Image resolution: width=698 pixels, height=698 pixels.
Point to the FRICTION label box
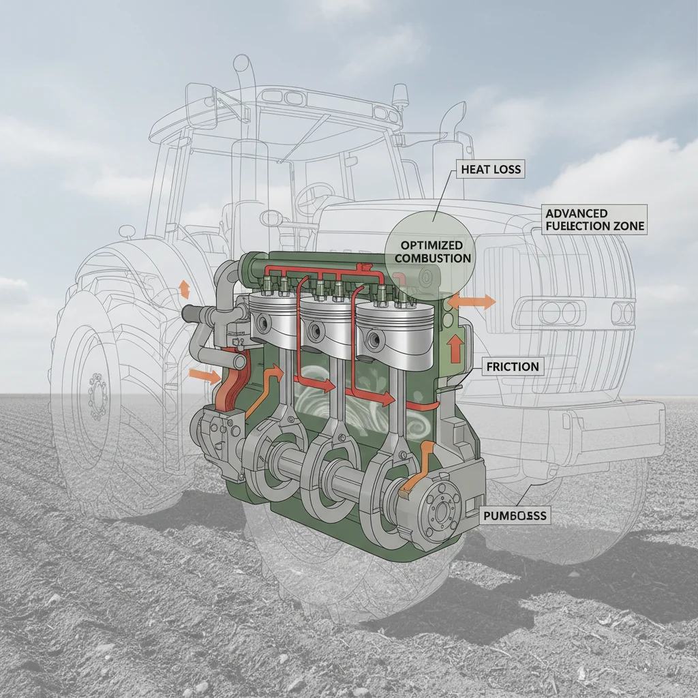tap(513, 367)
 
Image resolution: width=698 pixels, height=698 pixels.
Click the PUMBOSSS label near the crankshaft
tap(514, 516)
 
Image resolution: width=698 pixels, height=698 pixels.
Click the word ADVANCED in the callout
tap(577, 213)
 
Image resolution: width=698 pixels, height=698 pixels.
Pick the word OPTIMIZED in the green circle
tap(432, 245)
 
